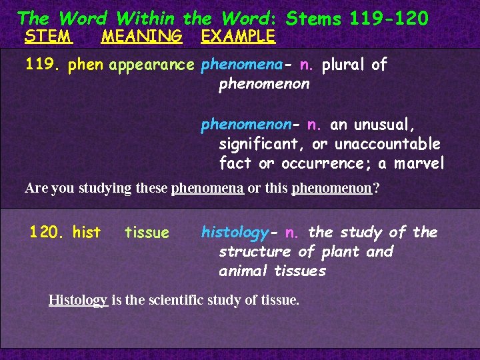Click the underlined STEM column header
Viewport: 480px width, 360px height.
(x=48, y=36)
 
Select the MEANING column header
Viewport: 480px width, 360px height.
(x=141, y=36)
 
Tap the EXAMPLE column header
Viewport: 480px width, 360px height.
(x=238, y=36)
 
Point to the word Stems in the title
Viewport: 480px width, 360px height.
(x=313, y=18)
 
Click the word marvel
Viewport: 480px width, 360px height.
(x=419, y=163)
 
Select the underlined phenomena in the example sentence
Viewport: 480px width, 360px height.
(x=207, y=188)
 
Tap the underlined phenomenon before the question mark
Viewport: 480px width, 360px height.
(x=331, y=188)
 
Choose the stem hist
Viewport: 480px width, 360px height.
(x=87, y=233)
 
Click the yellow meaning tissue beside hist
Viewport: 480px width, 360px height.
(x=147, y=233)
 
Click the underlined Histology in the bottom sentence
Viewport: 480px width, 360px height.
(x=78, y=300)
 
